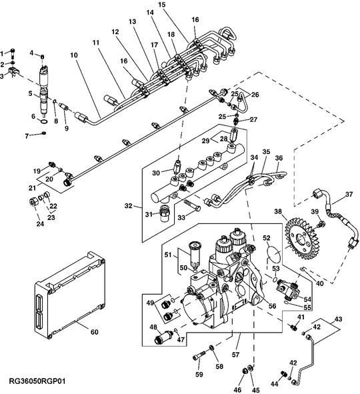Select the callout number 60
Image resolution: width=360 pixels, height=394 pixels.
tap(94, 332)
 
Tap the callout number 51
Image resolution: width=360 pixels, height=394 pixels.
tap(168, 253)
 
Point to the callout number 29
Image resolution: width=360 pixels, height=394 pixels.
tap(206, 141)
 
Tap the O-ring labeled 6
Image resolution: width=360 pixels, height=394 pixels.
tap(43, 122)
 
